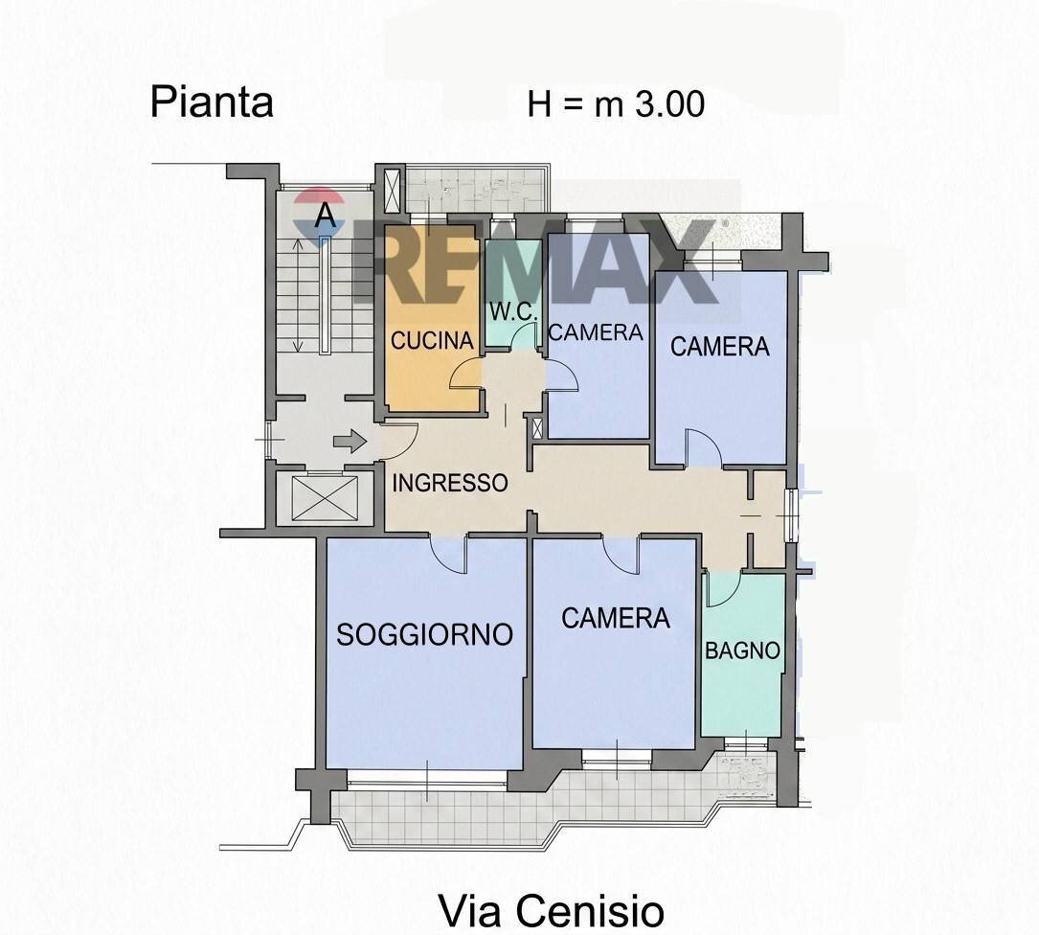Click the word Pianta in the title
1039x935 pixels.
pyautogui.click(x=212, y=103)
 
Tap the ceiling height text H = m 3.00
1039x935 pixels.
pyautogui.click(x=616, y=103)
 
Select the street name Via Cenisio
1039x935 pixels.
pyautogui.click(x=551, y=910)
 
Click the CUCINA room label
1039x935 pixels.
pyautogui.click(x=433, y=340)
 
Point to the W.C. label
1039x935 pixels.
pyautogui.click(x=513, y=312)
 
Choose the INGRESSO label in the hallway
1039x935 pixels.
pyautogui.click(x=450, y=483)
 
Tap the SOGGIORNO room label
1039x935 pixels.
pyautogui.click(x=425, y=633)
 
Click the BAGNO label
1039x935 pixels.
pyautogui.click(x=743, y=650)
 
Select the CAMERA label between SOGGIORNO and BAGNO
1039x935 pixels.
pyautogui.click(x=616, y=618)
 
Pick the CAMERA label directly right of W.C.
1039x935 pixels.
pyautogui.click(x=596, y=331)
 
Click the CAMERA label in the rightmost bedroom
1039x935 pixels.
pyautogui.click(x=719, y=346)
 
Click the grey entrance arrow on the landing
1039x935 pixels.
pyautogui.click(x=350, y=441)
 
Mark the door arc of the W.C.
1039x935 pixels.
pyautogui.click(x=523, y=337)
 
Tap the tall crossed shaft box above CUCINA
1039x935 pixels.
pyautogui.click(x=392, y=189)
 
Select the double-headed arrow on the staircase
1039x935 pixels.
pyautogui.click(x=297, y=297)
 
